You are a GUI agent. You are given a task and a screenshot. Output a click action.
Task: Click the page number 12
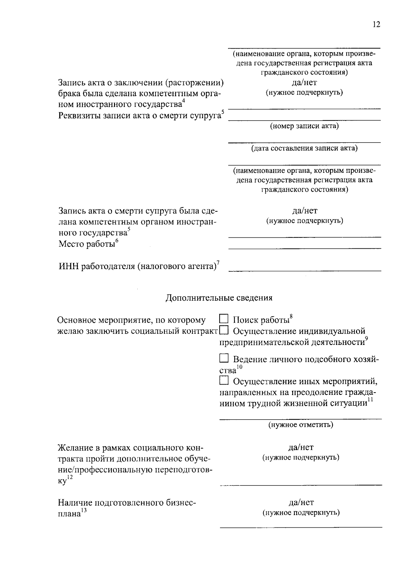click(x=376, y=24)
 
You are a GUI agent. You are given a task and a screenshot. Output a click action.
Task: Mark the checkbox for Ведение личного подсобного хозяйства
click(x=224, y=358)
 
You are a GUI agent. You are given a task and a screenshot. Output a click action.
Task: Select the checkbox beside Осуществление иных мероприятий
click(x=224, y=380)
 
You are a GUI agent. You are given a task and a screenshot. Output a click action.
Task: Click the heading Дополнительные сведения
click(x=219, y=298)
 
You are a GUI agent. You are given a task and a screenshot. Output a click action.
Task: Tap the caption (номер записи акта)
click(x=304, y=126)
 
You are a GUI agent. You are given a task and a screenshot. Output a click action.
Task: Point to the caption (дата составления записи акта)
click(x=304, y=148)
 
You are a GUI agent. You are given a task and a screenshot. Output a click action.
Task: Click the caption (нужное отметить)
click(x=301, y=424)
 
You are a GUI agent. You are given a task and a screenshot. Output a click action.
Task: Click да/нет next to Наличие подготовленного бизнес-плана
click(x=301, y=502)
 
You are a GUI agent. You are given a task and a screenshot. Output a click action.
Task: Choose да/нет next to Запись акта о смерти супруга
click(x=305, y=210)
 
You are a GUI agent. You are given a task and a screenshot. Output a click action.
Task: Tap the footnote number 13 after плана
click(x=84, y=510)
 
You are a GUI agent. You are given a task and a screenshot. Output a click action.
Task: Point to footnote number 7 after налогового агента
click(x=218, y=263)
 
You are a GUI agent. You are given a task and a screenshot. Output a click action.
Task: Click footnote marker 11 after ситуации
click(x=370, y=400)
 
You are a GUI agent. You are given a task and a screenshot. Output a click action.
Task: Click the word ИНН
click(x=69, y=266)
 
